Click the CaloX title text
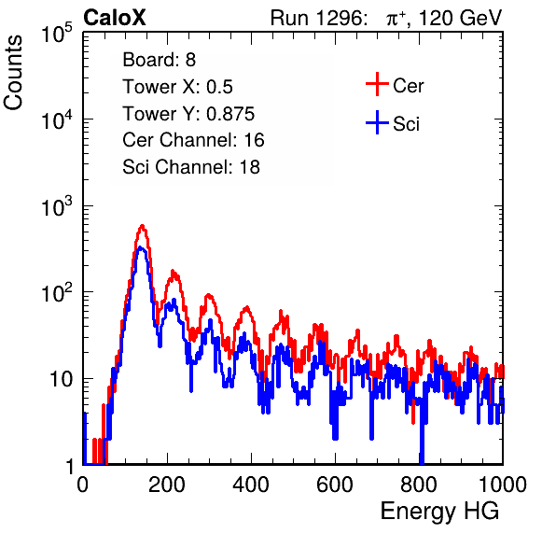coord(115,18)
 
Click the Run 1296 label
coord(318,18)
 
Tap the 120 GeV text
coord(460,18)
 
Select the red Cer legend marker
coord(377,84)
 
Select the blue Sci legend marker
coord(377,123)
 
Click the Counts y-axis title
coord(13,73)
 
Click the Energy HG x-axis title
coord(439,511)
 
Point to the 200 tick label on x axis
coord(167,485)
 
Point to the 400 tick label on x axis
coord(251,485)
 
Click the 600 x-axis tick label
coord(335,485)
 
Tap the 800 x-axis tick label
coord(419,485)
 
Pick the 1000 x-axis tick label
coord(503,485)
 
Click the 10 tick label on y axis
coord(61,379)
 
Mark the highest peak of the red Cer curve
coord(142,225)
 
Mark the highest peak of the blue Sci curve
coord(141,247)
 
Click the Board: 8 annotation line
coord(160,60)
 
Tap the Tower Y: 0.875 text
coord(188,114)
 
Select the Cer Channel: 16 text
coord(193,140)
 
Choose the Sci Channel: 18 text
coord(191,167)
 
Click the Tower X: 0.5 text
coord(177,87)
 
